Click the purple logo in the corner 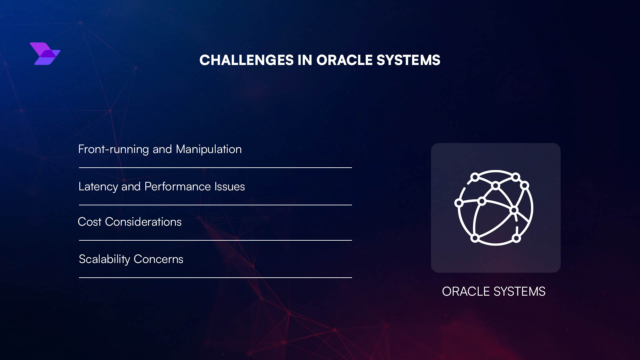[x=45, y=54]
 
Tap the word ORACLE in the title [x=344, y=60]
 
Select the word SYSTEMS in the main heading [x=408, y=60]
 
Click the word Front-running [x=113, y=149]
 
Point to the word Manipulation [x=209, y=149]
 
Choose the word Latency [x=98, y=187]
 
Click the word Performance [x=178, y=187]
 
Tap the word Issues [x=230, y=187]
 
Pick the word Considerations [x=143, y=222]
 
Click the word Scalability [x=104, y=259]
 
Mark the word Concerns [x=158, y=259]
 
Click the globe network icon [x=495, y=208]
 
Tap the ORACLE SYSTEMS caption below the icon [x=494, y=292]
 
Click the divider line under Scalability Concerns [x=215, y=277]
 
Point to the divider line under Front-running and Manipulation [x=215, y=168]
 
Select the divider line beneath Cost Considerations [x=215, y=240]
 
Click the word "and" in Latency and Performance [x=131, y=187]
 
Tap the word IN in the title [x=305, y=60]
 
